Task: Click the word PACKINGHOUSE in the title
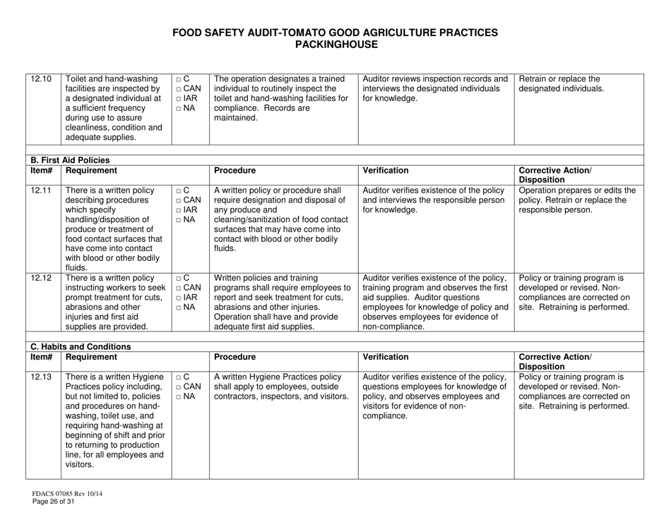pos(335,44)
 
